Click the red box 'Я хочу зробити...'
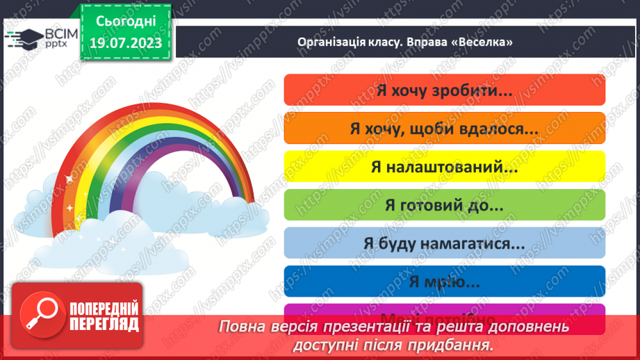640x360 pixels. (445, 90)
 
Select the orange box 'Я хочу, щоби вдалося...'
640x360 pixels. (445, 129)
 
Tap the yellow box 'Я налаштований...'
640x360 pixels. (445, 167)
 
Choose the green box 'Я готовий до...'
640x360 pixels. (445, 205)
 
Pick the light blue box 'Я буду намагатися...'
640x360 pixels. (445, 243)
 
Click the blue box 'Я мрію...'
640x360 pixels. (445, 281)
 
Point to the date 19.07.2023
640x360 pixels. (126, 44)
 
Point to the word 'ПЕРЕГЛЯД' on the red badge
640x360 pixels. (104, 324)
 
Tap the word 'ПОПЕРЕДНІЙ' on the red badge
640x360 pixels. (104, 309)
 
